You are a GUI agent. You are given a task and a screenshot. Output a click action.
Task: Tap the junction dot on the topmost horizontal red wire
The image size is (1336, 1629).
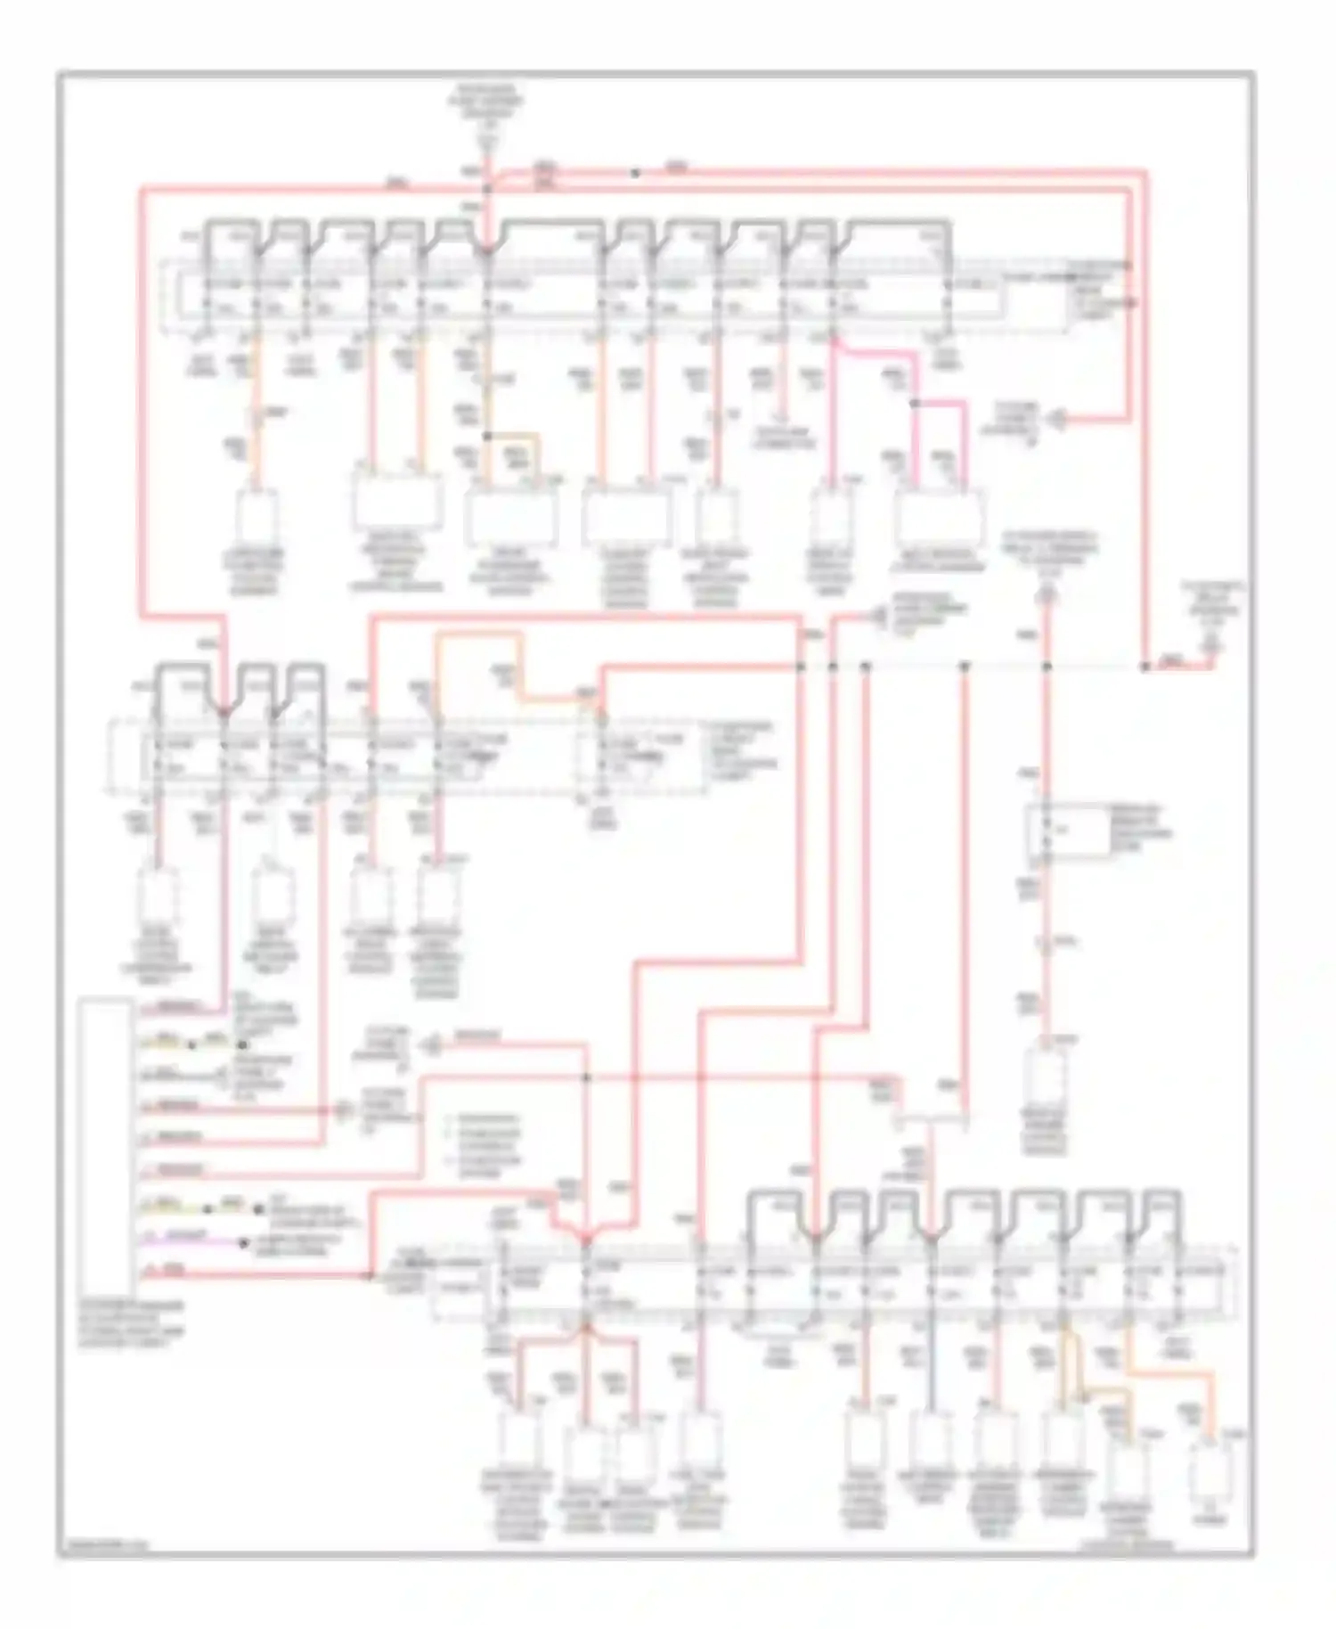(635, 173)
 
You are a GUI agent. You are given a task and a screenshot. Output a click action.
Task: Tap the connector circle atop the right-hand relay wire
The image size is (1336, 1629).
(1048, 593)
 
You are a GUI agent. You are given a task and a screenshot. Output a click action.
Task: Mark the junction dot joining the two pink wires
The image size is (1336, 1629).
(915, 404)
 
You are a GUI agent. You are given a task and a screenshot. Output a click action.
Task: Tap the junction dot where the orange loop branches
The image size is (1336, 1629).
(487, 436)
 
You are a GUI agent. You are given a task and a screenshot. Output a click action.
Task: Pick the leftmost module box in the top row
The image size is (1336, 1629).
(257, 517)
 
